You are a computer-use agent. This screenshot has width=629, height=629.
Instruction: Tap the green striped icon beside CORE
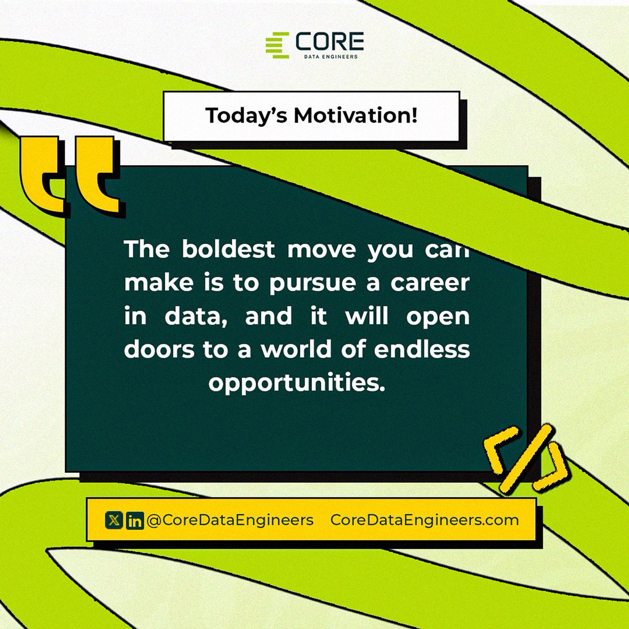pos(277,44)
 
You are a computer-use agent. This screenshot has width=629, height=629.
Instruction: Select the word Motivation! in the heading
pos(355,115)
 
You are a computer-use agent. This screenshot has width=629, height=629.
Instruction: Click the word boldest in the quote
pos(228,250)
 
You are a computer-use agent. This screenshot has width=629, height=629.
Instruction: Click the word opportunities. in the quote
pos(297,384)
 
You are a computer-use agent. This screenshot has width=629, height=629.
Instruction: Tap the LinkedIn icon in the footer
pos(135,521)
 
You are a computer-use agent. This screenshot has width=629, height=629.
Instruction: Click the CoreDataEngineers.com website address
pos(425,520)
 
